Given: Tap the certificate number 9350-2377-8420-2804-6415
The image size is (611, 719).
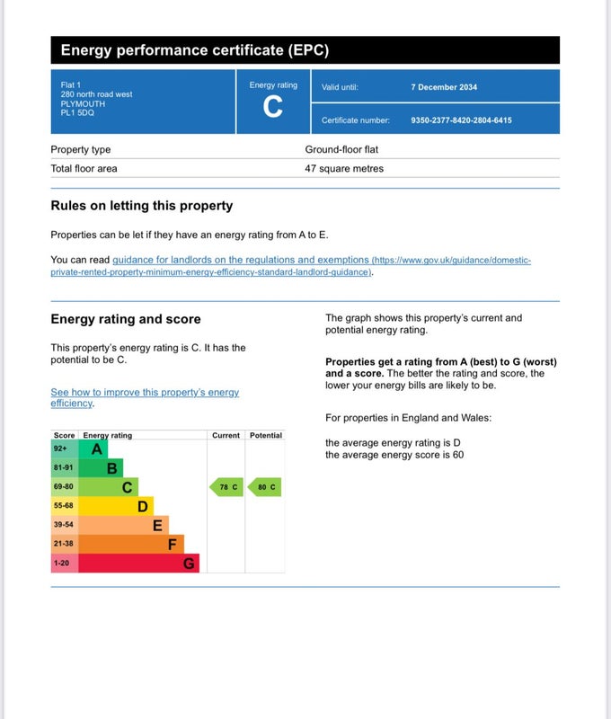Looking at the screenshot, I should [461, 120].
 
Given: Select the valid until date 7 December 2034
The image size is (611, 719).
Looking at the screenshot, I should [444, 87].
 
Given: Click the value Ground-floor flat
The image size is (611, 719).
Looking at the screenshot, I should [345, 149].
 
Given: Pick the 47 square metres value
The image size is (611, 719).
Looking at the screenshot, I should [344, 168].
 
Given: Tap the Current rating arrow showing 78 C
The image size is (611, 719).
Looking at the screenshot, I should [226, 487].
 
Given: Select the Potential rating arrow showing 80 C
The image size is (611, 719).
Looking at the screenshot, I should [264, 487].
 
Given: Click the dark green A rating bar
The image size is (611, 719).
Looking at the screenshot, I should [94, 448].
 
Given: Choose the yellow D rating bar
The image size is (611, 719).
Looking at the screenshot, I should [116, 506].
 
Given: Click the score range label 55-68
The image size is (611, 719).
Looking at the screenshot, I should [64, 506].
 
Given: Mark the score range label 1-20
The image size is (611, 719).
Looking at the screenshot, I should [62, 564].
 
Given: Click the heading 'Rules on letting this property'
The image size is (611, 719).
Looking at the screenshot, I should [141, 206].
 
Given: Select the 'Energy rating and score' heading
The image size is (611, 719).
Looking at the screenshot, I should [126, 319].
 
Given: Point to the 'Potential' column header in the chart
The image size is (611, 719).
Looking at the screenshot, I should [265, 435].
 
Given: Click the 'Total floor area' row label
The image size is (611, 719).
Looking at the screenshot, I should [84, 168].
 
